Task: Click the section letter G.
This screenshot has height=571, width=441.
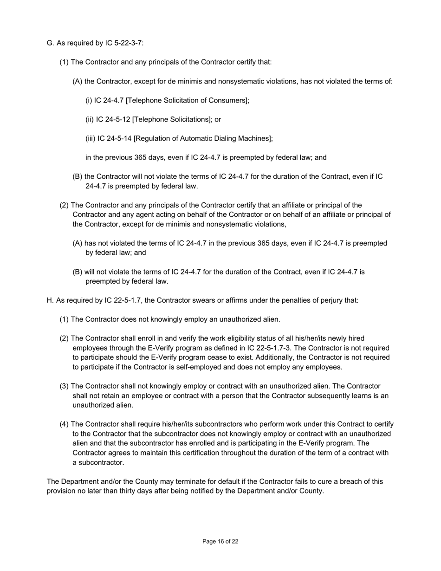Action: pos(50,43)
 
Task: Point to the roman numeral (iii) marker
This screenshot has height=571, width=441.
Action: pos(91,138)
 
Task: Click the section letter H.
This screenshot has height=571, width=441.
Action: pos(50,300)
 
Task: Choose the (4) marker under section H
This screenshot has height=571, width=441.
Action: pos(64,424)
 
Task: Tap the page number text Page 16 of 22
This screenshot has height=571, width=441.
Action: pos(220,541)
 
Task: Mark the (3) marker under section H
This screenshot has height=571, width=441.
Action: pos(64,386)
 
